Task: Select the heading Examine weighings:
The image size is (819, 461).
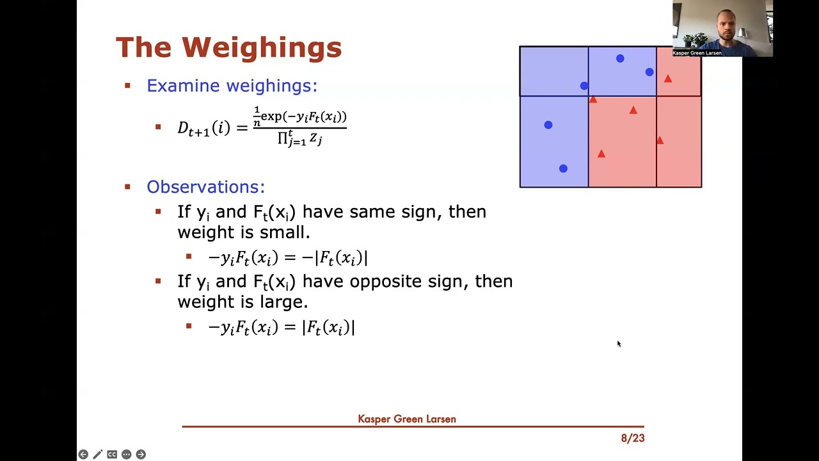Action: (x=232, y=86)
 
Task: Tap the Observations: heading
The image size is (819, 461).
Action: (x=205, y=187)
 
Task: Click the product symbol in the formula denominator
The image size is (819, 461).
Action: (x=283, y=138)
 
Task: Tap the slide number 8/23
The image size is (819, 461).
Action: (x=632, y=439)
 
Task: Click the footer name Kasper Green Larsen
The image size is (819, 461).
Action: (x=407, y=419)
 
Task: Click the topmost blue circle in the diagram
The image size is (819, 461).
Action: (x=620, y=59)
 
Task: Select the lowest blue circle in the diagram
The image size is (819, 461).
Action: (x=563, y=168)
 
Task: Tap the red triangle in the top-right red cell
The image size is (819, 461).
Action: (x=668, y=79)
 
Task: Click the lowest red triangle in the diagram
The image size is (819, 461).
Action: (x=601, y=154)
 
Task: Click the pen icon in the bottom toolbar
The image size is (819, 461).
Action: (x=97, y=455)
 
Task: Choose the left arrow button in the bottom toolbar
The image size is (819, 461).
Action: (x=83, y=455)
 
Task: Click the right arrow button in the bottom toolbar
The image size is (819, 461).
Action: (x=141, y=455)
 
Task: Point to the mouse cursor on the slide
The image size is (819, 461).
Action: (x=619, y=344)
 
